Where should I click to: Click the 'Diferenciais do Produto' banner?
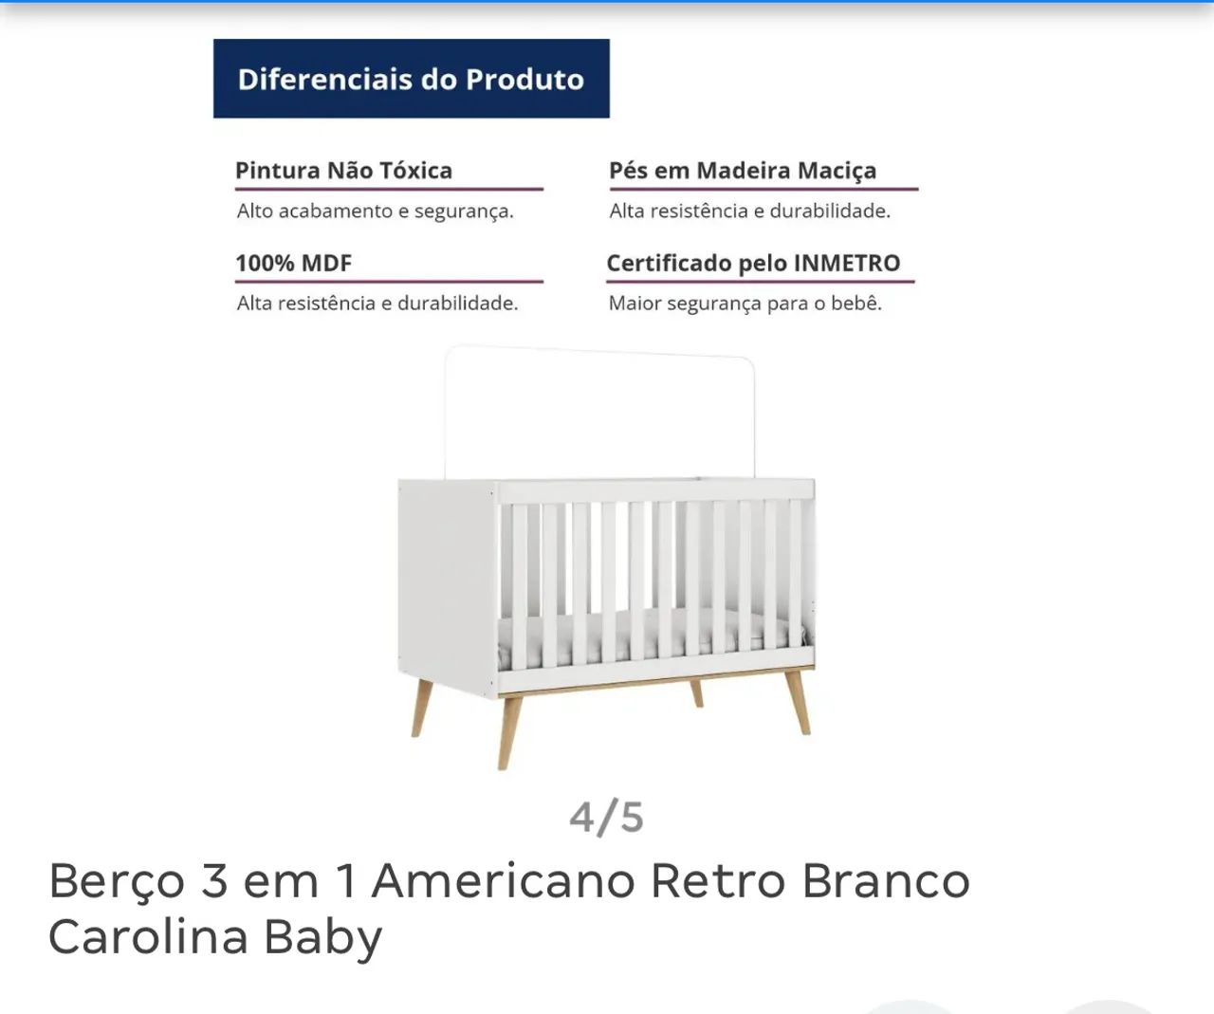click(411, 79)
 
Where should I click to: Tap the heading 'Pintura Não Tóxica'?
click(343, 171)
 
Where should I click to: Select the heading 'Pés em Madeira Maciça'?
click(743, 171)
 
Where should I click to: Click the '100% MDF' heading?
click(293, 263)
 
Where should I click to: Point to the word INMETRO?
click(847, 263)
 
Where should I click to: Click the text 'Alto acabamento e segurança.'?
click(376, 211)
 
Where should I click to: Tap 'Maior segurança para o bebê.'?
click(745, 304)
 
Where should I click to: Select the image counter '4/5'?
click(606, 817)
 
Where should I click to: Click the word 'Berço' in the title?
click(117, 881)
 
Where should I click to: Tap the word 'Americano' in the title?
click(504, 881)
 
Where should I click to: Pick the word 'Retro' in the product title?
click(717, 881)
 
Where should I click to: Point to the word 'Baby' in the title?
click(323, 937)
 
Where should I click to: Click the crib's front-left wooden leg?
click(509, 730)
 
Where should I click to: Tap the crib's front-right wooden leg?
click(798, 702)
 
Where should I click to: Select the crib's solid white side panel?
click(447, 583)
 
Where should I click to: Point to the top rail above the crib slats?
click(654, 491)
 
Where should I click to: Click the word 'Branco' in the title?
click(886, 881)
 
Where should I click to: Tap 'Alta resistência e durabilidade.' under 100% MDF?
click(377, 304)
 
